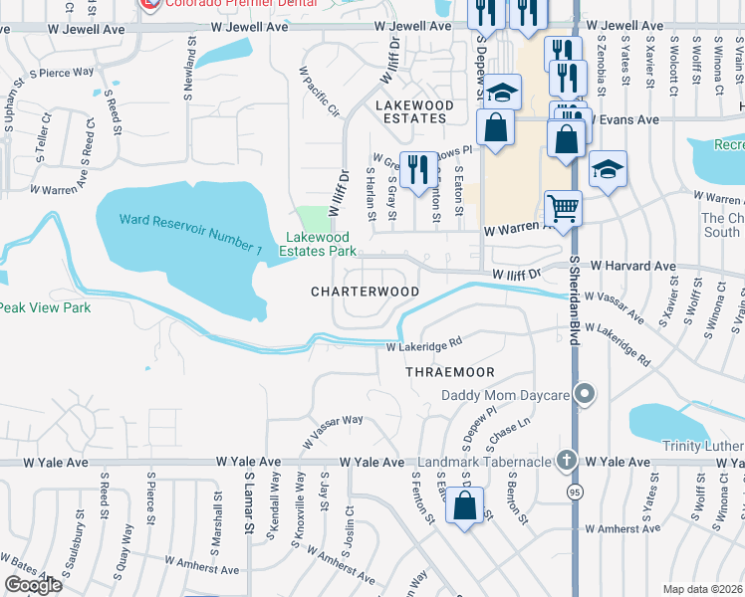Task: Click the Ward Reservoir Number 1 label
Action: click(190, 233)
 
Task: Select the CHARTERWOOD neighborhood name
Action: click(365, 292)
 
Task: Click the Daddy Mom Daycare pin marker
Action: click(588, 396)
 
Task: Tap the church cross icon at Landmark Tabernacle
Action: click(567, 461)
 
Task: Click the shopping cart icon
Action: click(564, 208)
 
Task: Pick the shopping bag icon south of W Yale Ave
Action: click(464, 505)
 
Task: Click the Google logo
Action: click(32, 585)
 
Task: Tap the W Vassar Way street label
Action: click(331, 427)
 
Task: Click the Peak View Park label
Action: click(46, 307)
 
